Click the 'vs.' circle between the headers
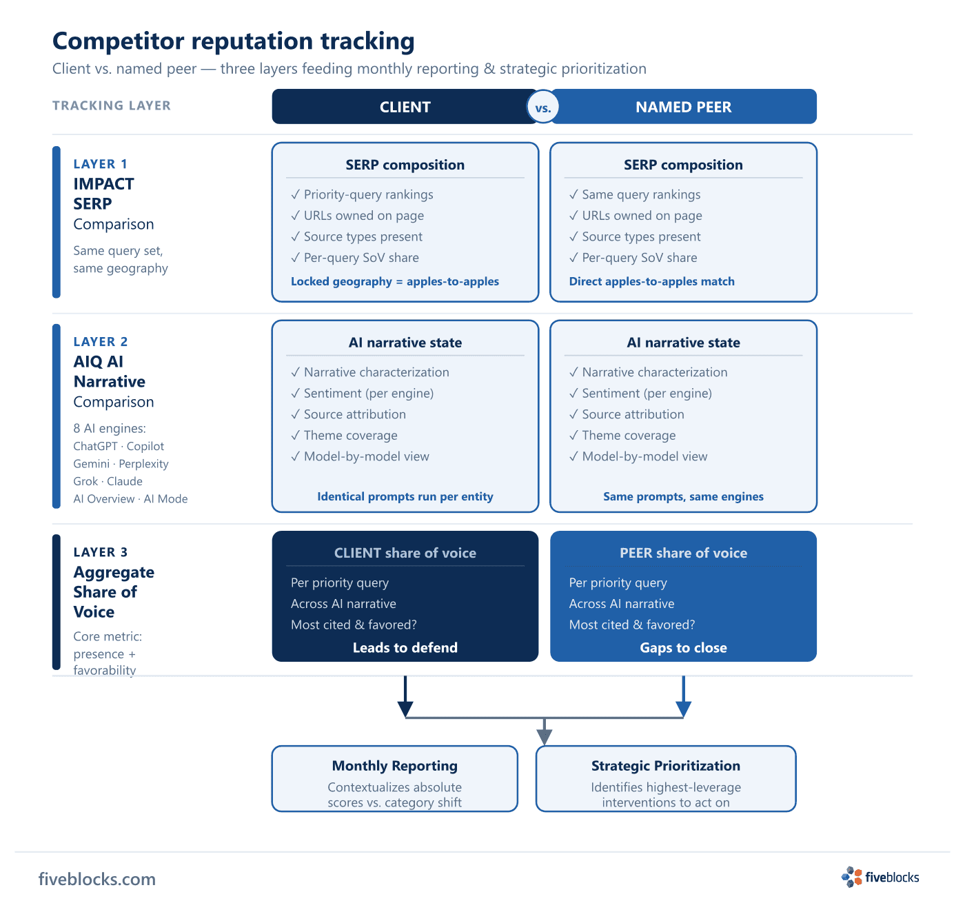pos(542,107)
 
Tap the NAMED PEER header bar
pos(684,106)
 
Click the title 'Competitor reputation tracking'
pos(233,41)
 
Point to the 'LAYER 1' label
pos(100,164)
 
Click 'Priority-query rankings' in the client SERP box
pos(368,194)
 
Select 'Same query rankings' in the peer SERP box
pos(641,194)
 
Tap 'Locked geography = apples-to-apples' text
pos(394,281)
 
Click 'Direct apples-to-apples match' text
pos(651,281)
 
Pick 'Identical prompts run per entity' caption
pos(405,496)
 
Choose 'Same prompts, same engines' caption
pos(683,496)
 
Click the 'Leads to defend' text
pos(405,647)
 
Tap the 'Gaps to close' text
pos(683,647)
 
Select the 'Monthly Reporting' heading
pos(394,766)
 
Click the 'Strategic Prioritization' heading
pos(666,766)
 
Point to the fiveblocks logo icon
pos(851,877)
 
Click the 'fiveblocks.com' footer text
pos(97,879)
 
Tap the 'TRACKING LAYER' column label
pos(112,105)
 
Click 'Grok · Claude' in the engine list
pos(108,481)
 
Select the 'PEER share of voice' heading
pos(683,553)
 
